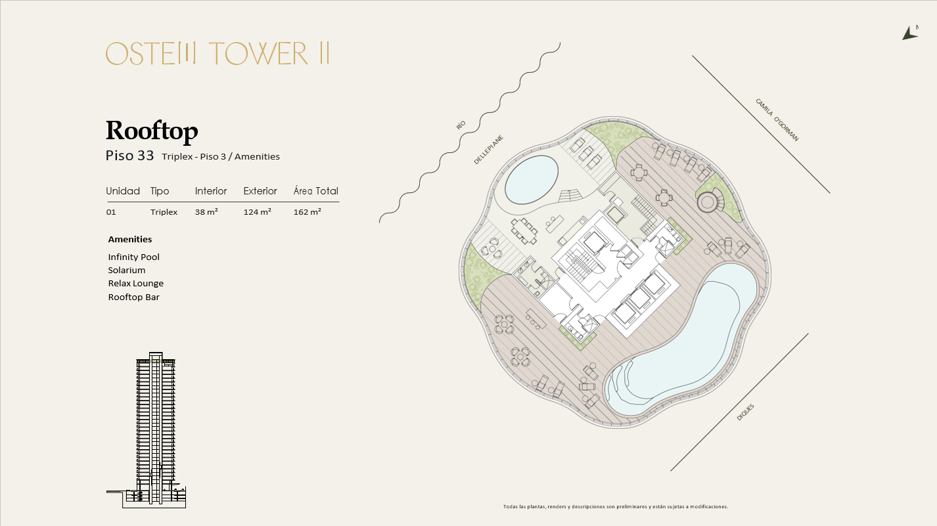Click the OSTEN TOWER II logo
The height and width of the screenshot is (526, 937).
217,53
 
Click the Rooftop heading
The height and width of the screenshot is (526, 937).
152,131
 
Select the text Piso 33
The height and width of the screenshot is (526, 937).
129,156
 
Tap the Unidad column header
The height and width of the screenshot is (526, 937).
123,191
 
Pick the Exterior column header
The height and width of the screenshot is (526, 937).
260,191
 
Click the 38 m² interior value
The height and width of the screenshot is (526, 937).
206,212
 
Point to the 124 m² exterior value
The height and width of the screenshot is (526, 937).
258,212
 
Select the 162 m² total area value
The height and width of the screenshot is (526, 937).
307,212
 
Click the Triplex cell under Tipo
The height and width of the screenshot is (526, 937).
164,212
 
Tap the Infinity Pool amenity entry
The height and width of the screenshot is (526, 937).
134,257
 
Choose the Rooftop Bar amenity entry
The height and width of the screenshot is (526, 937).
134,297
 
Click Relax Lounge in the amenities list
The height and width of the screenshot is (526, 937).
136,283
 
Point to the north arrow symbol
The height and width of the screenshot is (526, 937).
909,33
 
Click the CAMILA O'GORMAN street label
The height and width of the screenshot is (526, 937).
777,120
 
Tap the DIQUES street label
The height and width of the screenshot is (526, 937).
745,412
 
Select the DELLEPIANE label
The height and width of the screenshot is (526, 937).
488,150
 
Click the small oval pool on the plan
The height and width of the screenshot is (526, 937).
531,180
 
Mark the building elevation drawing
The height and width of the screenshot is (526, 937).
147,430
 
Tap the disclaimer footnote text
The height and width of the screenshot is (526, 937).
616,507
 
